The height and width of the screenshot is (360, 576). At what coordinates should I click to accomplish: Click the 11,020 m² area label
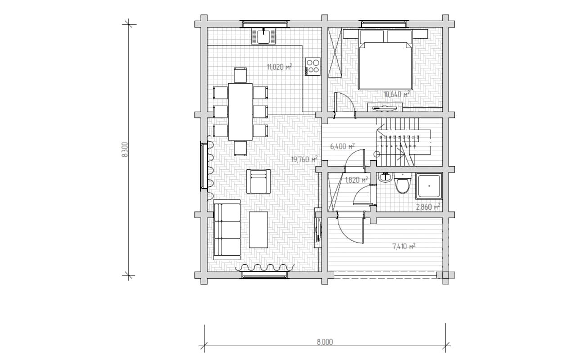pos(279,67)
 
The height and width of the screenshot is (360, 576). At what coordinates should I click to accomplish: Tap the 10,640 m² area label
pos(396,94)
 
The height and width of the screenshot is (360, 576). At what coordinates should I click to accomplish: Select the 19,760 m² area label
pos(304,159)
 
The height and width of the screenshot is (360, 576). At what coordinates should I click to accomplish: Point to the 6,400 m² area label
pos(342,147)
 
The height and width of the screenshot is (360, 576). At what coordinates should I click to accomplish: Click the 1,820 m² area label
pos(356,180)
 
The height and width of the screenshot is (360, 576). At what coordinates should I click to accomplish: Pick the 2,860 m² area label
pos(428,207)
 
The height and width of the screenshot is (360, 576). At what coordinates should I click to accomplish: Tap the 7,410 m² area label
pos(404,247)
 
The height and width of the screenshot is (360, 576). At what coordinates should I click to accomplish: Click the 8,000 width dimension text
pos(325,342)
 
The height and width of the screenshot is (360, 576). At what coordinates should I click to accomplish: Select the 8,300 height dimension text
pos(125,149)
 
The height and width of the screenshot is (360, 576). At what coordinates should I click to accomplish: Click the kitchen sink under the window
pos(264,36)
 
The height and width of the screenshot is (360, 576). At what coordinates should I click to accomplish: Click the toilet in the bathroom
pos(402,183)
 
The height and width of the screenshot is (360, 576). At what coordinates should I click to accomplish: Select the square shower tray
pos(429,186)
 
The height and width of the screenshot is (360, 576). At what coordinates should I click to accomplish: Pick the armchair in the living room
pos(258,181)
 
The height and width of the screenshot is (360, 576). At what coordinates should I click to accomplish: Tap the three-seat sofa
pos(227,229)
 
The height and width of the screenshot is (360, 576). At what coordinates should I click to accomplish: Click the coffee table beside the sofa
pos(258,229)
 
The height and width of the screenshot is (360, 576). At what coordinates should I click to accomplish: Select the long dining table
pos(240,112)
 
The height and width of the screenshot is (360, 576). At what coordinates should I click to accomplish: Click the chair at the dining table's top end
pos(240,75)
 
